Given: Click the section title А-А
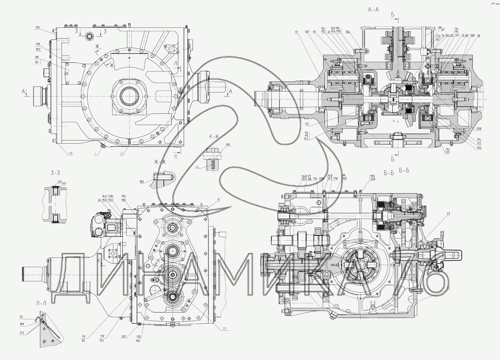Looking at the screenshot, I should (373, 10).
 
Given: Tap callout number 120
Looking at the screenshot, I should (37, 27).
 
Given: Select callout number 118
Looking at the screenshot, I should (70, 154).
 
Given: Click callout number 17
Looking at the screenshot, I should (296, 32).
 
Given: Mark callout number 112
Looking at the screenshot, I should (307, 124).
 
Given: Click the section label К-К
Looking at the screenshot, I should (214, 137).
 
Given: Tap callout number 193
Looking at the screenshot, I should (228, 145).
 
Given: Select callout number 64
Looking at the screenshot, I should (197, 167).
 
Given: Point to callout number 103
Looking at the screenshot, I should (142, 182).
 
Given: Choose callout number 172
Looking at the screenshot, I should (60, 182).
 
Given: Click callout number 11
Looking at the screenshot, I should (218, 200).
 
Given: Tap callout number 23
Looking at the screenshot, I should (448, 214).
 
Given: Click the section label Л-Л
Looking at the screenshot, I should (41, 304).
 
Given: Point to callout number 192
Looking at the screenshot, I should (479, 148).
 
